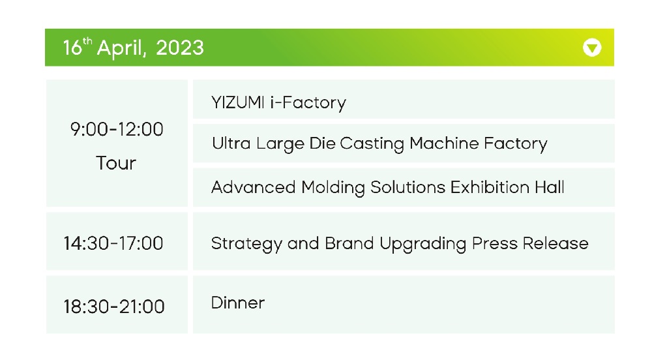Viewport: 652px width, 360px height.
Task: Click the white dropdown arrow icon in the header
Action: [x=592, y=48]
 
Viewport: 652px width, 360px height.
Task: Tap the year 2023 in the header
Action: [x=180, y=48]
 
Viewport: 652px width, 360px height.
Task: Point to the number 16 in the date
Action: [x=72, y=48]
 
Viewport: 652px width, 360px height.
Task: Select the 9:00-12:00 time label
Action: [x=117, y=129]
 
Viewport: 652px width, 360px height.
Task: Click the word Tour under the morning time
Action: [x=116, y=163]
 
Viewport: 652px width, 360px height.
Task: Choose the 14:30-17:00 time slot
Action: [x=113, y=243]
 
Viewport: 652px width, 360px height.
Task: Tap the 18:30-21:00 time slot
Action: [x=114, y=307]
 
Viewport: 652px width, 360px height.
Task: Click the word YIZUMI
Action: [x=238, y=102]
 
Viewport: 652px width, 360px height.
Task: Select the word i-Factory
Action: [x=308, y=103]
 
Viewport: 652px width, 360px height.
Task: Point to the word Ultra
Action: [x=231, y=143]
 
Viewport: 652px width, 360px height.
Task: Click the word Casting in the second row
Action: [x=372, y=144]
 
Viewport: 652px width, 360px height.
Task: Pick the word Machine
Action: [x=444, y=143]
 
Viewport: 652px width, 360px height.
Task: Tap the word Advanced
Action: [x=253, y=187]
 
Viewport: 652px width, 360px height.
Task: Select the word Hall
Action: [x=550, y=187]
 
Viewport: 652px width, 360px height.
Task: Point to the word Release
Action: [x=556, y=244]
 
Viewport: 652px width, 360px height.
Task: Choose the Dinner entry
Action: [x=238, y=303]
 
